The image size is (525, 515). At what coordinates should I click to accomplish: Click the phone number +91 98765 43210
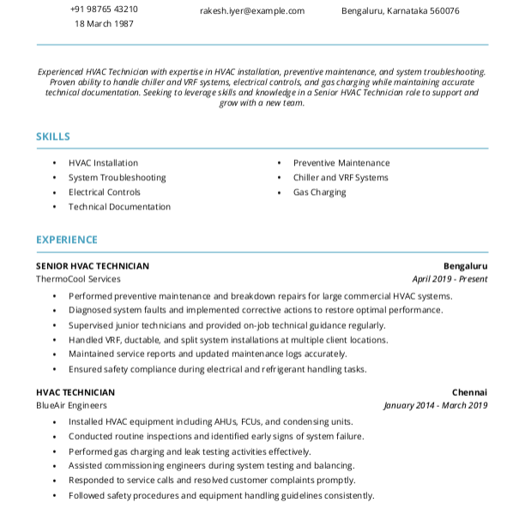pos(104,9)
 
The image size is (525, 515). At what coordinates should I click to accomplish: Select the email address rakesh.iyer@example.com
pos(252,11)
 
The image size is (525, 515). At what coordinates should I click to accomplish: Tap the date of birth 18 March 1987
pos(104,24)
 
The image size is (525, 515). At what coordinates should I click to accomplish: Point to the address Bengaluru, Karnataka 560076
pos(400,11)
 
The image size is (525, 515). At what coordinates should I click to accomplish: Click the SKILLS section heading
pos(53,136)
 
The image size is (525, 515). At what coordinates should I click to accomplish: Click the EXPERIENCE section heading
pos(67,239)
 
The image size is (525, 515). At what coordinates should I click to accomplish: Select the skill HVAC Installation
pos(103,163)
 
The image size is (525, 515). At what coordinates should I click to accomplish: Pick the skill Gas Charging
pos(319,192)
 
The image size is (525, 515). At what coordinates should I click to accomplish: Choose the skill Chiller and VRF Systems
pos(341,178)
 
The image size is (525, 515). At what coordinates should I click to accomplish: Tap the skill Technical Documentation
pos(119,207)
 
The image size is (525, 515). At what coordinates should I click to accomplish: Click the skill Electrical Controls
pos(105,192)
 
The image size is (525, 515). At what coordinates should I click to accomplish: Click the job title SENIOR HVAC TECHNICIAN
pos(93,266)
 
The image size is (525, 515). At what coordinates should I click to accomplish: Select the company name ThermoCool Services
pos(78,279)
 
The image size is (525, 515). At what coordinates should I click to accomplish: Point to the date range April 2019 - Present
pos(450,279)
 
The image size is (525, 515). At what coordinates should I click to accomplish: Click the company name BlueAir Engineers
pos(71,405)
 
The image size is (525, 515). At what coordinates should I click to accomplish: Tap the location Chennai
pos(469,392)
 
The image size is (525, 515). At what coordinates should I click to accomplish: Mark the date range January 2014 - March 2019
pos(435,405)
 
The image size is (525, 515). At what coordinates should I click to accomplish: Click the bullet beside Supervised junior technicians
pos(54,326)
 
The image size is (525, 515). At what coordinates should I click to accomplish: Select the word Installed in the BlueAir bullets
pos(86,422)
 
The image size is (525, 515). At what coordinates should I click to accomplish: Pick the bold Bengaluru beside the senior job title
pos(465,266)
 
